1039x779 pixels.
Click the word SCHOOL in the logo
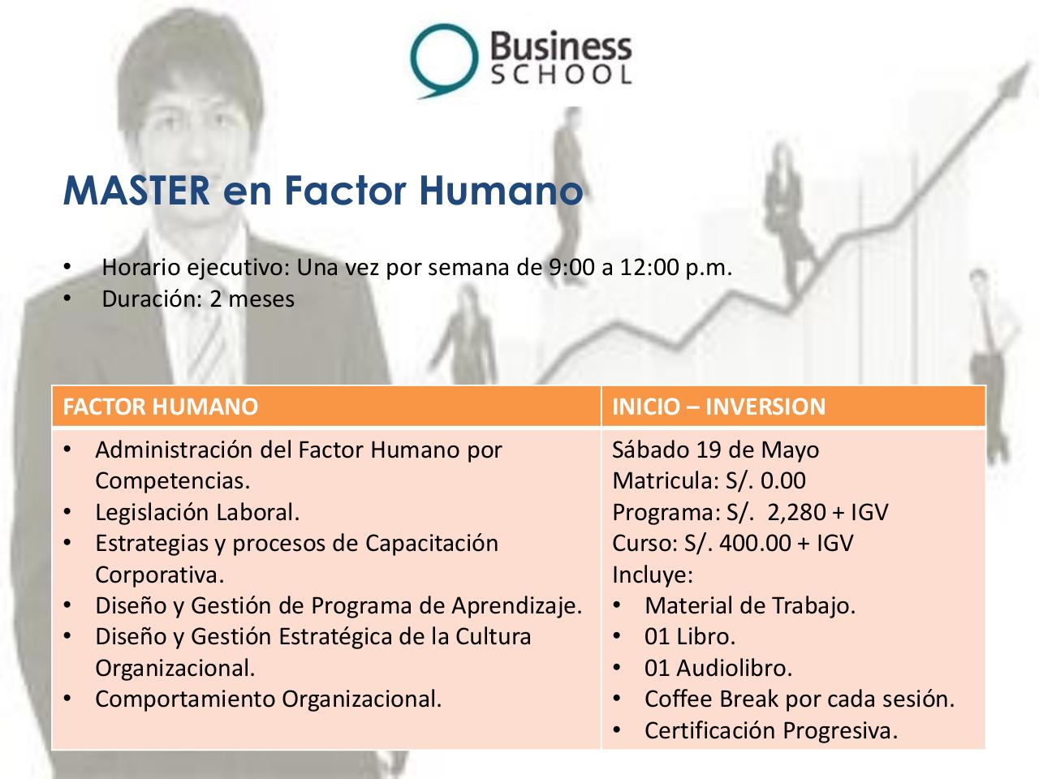562,75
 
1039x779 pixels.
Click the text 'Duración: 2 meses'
197,299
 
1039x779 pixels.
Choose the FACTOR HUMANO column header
160,407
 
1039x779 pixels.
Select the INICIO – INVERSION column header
718,407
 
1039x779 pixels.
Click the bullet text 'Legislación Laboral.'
197,512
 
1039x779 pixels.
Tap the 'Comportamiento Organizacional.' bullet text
269,699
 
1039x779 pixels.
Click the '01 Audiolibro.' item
718,668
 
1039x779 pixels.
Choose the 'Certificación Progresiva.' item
770,730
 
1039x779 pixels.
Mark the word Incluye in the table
652,575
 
